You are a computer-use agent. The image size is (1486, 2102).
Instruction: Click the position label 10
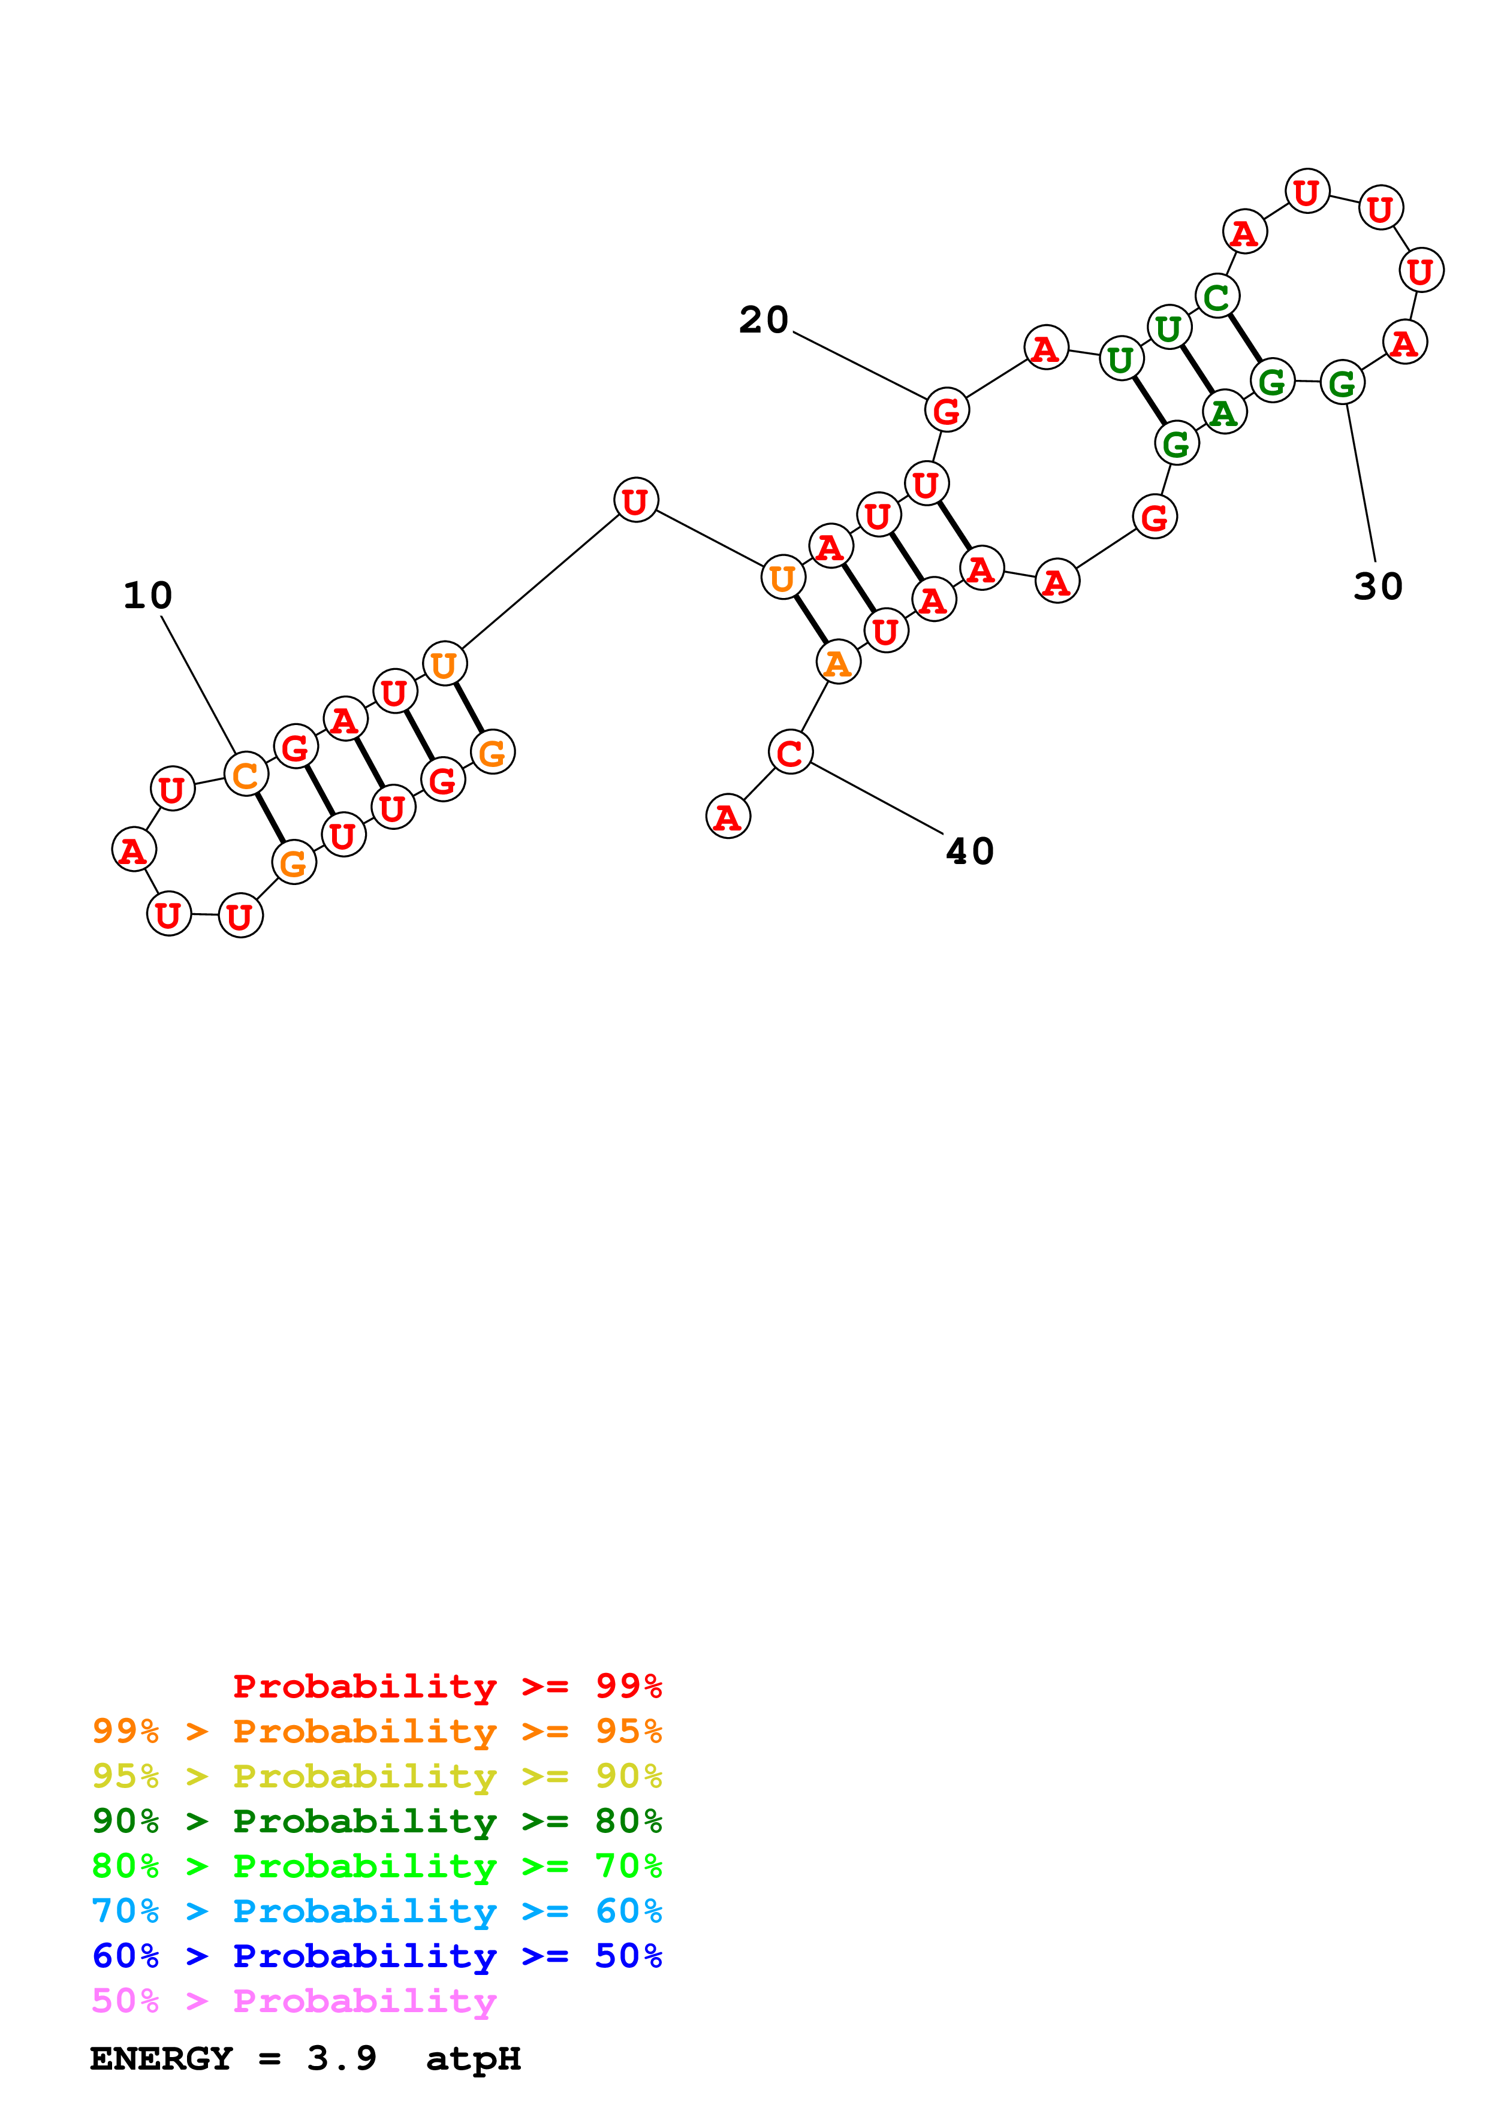click(147, 596)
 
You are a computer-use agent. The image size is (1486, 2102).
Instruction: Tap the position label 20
click(764, 321)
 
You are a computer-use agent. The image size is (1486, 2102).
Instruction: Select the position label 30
click(1378, 587)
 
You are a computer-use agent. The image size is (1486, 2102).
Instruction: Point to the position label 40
click(970, 851)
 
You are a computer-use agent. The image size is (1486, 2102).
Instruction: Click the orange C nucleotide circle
click(245, 775)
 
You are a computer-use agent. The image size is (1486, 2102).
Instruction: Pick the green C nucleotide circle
click(1217, 297)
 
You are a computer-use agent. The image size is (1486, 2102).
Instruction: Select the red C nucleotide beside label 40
click(790, 753)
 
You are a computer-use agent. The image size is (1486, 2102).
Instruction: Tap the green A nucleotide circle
click(1224, 413)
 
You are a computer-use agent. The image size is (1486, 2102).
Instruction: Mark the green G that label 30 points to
click(1342, 383)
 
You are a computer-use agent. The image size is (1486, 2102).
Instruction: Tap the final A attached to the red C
click(728, 817)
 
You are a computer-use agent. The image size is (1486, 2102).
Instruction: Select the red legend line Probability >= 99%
click(447, 1686)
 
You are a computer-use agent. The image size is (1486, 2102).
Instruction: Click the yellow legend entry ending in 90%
click(376, 1775)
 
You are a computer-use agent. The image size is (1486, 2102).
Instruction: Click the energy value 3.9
click(342, 2058)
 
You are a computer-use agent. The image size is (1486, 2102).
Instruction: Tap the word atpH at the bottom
click(474, 2058)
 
